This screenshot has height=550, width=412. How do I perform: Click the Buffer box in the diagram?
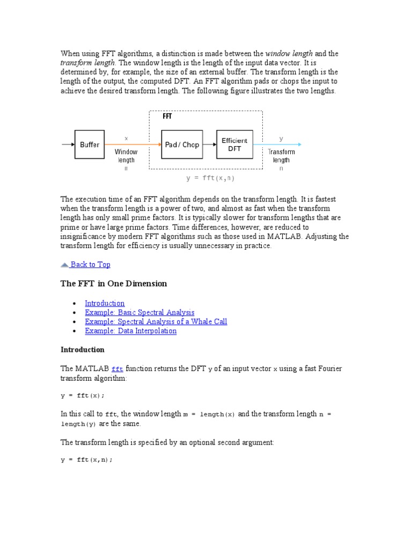[90, 144]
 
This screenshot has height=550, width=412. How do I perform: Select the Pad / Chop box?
[182, 144]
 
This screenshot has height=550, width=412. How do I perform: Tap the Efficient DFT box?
[234, 144]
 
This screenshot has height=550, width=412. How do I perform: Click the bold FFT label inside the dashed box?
[167, 117]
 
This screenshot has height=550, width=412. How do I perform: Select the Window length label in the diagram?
[126, 156]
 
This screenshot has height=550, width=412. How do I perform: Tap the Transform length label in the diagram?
[281, 156]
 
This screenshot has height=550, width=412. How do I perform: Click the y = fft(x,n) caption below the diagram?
[210, 178]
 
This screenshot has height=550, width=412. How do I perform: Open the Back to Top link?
[90, 264]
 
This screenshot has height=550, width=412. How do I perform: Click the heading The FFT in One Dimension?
[114, 284]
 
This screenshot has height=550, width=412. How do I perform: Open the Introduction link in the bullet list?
[105, 303]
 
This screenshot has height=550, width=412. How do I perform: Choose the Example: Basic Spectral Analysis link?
[139, 312]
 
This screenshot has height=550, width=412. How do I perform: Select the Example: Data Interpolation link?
[130, 330]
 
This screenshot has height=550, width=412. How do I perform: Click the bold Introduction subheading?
[83, 350]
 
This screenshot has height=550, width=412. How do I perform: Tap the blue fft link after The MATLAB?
[117, 368]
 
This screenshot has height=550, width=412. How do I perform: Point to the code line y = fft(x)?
[83, 395]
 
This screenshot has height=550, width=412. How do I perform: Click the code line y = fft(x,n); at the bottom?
[87, 460]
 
